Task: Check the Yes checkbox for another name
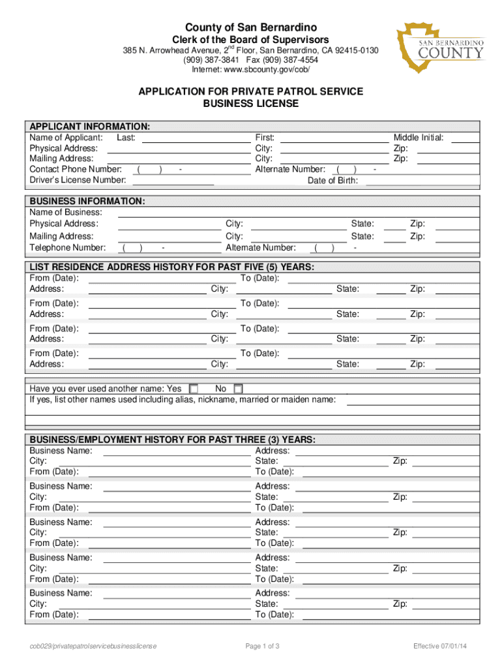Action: point(193,389)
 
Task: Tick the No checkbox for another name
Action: point(238,389)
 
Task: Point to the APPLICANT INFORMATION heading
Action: point(90,126)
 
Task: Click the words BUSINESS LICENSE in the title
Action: point(251,104)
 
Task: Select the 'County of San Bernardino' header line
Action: point(251,27)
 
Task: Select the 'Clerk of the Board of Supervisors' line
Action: point(251,40)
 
